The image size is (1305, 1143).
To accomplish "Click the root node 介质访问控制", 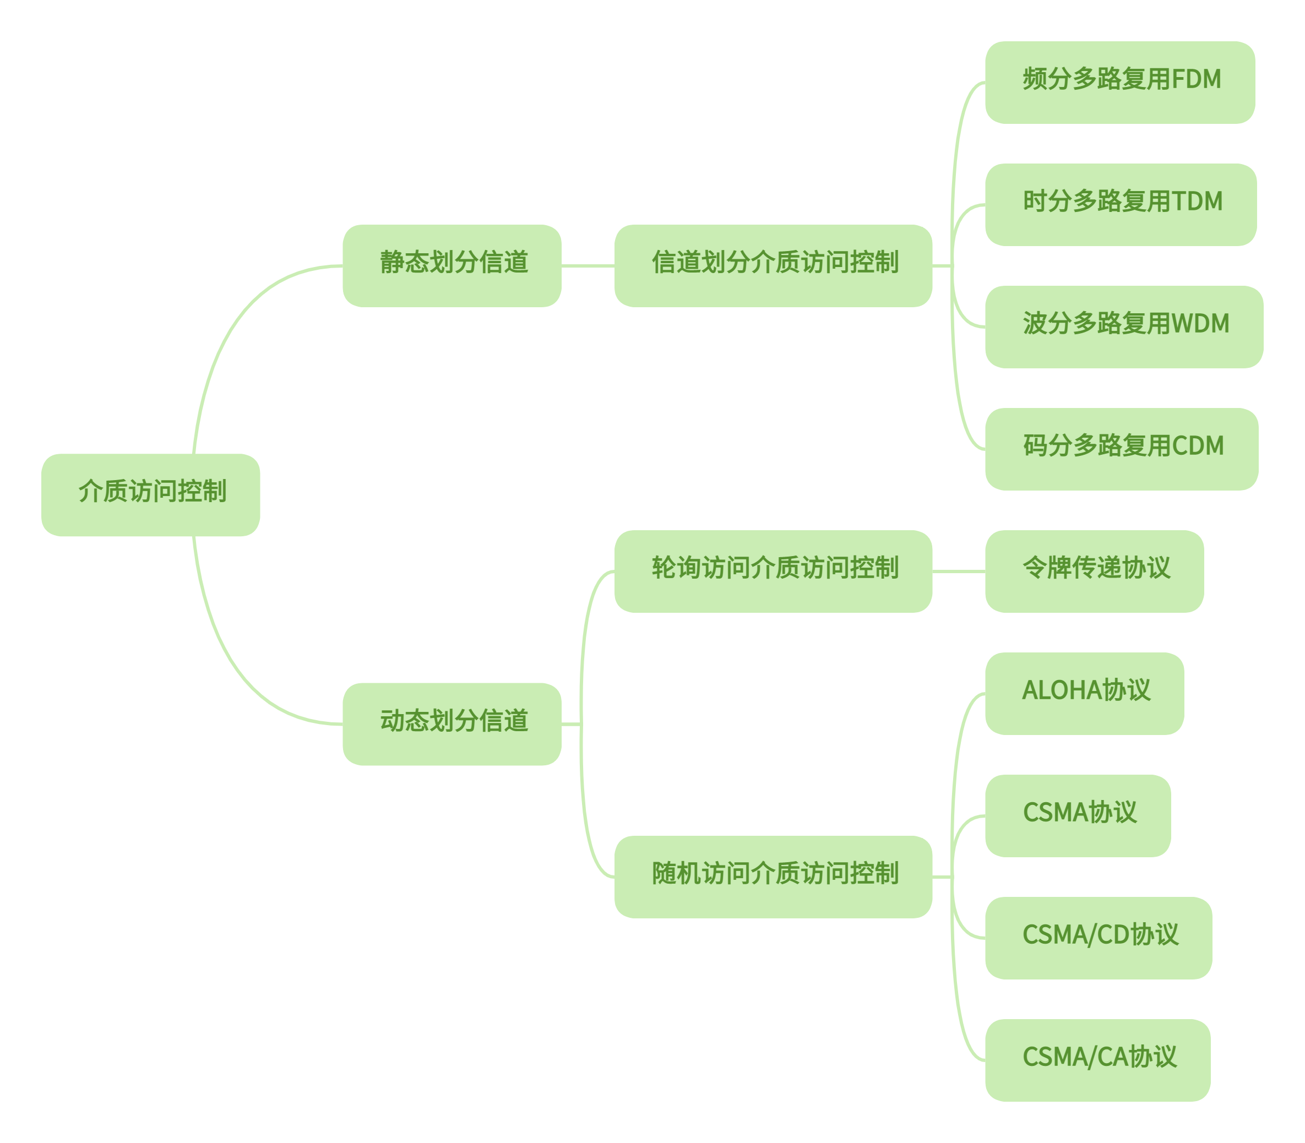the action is [x=150, y=495].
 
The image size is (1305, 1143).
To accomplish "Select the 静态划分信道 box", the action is [x=452, y=266].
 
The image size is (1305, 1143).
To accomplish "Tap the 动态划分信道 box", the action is [x=452, y=725].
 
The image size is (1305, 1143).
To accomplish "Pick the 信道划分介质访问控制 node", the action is [x=773, y=266].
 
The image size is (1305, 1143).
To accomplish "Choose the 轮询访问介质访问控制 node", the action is [x=773, y=571].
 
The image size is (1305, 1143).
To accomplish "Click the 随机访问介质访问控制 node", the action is [x=773, y=877].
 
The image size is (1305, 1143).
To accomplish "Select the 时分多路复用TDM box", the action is [x=1121, y=205].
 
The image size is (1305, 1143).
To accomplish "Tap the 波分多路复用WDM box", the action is [x=1124, y=327].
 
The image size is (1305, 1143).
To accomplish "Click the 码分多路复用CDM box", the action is [x=1121, y=449].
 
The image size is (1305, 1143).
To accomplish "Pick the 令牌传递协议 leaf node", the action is [x=1095, y=571].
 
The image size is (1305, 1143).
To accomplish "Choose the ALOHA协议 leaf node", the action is [x=1084, y=694].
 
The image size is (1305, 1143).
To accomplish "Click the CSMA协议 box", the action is [x=1078, y=816].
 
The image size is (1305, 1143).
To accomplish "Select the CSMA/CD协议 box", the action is [x=1099, y=938].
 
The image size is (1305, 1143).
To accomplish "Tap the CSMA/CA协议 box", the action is [x=1098, y=1060].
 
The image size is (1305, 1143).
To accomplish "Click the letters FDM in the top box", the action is [x=1196, y=80].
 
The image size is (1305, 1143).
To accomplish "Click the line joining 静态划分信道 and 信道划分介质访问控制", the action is [x=588, y=266].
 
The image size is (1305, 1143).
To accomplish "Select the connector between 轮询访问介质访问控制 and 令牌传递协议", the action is [x=959, y=571].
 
